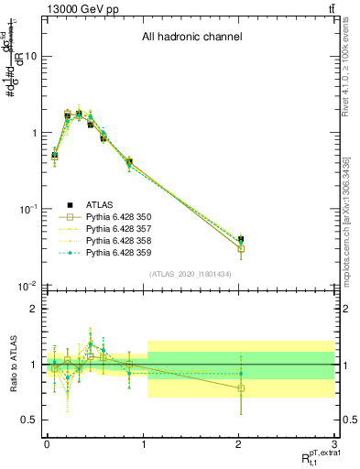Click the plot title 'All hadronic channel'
[191, 38]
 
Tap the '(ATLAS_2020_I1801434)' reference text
[191, 274]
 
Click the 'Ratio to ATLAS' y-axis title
[13, 365]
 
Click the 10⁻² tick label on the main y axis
[25, 286]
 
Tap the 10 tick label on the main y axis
[28, 56]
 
